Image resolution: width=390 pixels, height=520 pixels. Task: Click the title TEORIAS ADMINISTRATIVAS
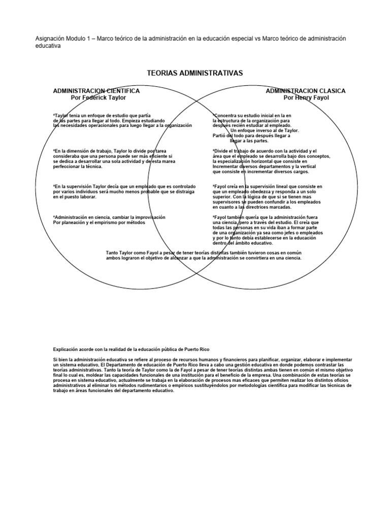click(195, 73)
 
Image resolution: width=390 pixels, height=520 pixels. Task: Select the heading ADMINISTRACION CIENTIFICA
click(96, 91)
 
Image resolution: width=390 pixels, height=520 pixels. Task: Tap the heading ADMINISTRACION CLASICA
click(306, 91)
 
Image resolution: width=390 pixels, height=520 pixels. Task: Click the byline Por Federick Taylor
click(99, 97)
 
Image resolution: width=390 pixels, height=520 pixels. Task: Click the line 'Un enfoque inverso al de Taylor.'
click(265, 131)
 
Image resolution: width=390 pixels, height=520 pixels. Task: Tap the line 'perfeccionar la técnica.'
click(77, 166)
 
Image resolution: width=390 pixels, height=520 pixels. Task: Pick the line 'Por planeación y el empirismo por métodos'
click(99, 222)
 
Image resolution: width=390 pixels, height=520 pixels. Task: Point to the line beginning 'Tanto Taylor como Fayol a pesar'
click(201, 252)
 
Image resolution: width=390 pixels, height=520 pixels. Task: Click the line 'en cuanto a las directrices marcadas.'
click(252, 207)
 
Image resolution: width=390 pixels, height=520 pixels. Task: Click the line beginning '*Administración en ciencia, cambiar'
click(109, 217)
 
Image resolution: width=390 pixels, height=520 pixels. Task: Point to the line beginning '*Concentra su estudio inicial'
click(252, 115)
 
